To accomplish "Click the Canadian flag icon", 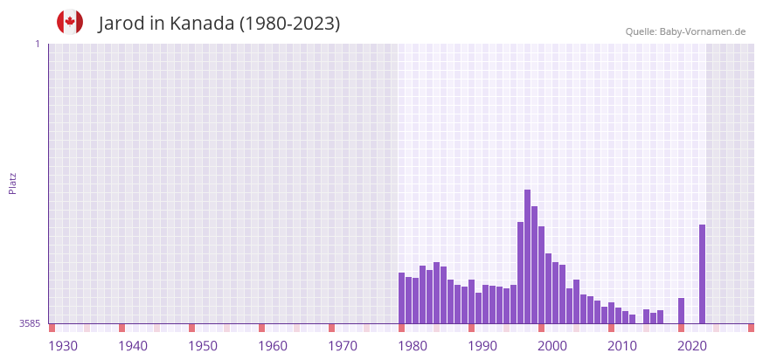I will pos(70,22).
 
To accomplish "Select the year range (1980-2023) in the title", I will pos(289,24).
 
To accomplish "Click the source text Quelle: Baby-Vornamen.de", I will pos(685,32).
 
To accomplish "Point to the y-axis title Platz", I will pos(13,183).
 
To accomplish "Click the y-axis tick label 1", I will pos(37,44).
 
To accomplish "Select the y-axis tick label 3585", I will pos(30,324).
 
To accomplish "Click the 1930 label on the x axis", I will pos(63,346).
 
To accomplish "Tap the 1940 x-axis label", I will pos(133,346).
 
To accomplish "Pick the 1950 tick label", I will pos(203,346).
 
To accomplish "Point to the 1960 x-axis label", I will pos(273,346).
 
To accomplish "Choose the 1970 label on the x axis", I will pos(343,346).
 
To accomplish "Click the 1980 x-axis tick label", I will pos(413,346).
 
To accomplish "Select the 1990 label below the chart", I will pos(482,346).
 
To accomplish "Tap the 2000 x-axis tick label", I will pos(552,346).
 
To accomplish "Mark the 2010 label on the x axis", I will pos(622,346).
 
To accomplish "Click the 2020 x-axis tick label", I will pos(692,346).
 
